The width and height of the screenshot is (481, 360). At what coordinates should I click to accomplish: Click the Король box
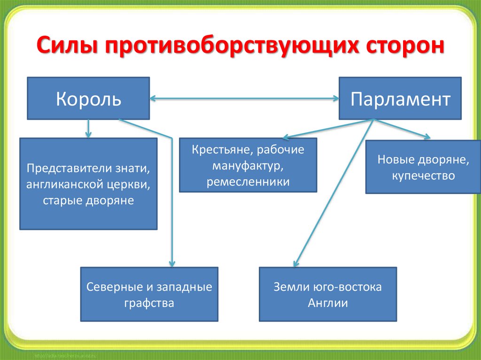click(x=88, y=98)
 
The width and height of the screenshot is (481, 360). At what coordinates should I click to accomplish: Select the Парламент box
click(x=400, y=98)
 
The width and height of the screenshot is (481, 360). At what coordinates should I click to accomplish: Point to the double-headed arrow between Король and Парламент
click(x=244, y=99)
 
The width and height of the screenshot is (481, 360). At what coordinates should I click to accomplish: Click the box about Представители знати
click(x=88, y=184)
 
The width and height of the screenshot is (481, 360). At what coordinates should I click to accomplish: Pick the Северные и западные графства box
click(x=149, y=294)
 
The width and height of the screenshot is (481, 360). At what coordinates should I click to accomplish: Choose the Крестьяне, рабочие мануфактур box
click(x=248, y=165)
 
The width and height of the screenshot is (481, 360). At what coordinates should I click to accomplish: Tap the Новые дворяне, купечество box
click(x=423, y=167)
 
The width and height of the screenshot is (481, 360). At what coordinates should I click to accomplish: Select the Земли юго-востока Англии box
click(x=328, y=294)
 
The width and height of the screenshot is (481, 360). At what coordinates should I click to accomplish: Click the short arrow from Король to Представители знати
click(x=88, y=128)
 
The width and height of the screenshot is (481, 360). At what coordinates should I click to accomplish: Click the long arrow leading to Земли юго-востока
click(x=334, y=192)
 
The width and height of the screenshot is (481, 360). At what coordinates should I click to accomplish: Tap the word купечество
click(x=423, y=176)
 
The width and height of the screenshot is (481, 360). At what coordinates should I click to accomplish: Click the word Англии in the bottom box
click(x=328, y=303)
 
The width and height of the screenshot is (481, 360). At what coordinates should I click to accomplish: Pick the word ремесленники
click(x=248, y=182)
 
